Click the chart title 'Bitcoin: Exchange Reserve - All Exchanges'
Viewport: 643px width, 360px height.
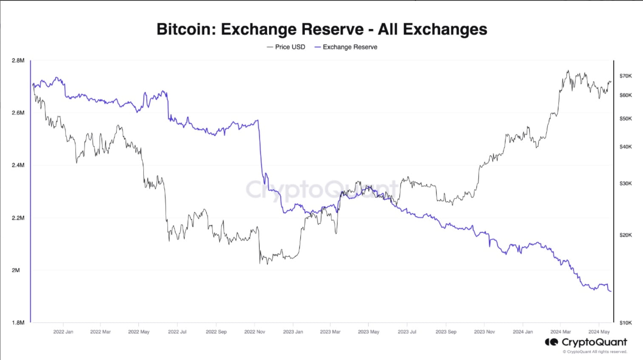pos(321,29)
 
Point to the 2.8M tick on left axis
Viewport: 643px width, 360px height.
pos(18,60)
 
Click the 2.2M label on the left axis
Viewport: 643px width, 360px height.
pos(18,218)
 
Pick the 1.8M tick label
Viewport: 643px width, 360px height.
pos(18,323)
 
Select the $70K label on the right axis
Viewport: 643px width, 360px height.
pos(626,76)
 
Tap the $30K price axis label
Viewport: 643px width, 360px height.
pos(626,183)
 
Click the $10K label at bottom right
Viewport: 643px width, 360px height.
pos(626,323)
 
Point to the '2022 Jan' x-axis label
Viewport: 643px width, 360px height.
pos(63,331)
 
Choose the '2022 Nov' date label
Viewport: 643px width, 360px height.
pos(254,331)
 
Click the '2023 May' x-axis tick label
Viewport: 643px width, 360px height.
pos(368,331)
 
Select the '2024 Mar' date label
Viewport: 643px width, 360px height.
pos(560,331)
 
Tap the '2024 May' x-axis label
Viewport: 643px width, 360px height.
pos(599,331)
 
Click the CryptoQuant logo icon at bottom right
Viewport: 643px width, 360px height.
pos(551,342)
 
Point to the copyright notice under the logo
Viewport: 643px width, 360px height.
pos(595,351)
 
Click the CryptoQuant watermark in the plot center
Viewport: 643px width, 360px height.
pos(322,189)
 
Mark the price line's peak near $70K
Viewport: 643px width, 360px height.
pos(568,71)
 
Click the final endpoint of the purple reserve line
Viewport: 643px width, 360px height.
pos(611,291)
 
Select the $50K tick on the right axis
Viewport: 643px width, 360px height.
pos(626,118)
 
